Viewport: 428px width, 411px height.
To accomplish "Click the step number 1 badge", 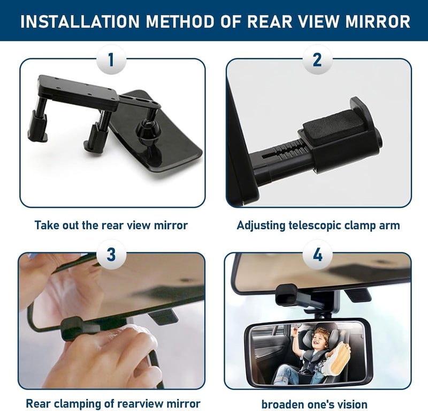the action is pyautogui.click(x=111, y=59).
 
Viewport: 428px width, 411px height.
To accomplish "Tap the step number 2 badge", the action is pyautogui.click(x=317, y=59).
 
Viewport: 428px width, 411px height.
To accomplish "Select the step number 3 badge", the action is pyautogui.click(x=111, y=255).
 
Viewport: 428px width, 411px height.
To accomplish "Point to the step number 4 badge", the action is pyautogui.click(x=317, y=255).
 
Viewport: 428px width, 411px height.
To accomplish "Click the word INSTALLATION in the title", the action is pyautogui.click(x=80, y=21).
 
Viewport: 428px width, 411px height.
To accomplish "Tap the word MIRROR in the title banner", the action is pyautogui.click(x=378, y=21).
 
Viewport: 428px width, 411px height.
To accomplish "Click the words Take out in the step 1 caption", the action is pyautogui.click(x=57, y=225).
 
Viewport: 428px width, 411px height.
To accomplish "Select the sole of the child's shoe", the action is pyautogui.click(x=338, y=357).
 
